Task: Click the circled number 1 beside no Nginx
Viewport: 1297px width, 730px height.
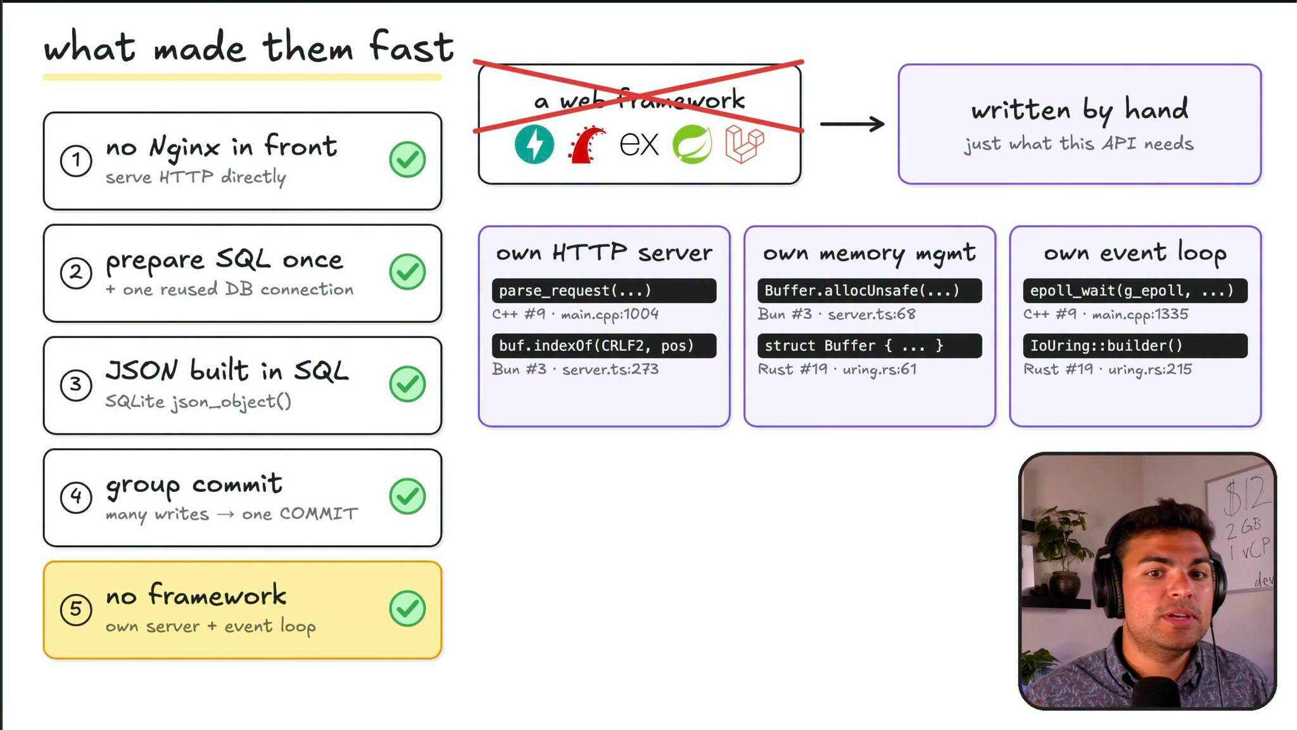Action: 76,160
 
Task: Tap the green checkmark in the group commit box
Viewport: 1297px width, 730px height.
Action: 407,496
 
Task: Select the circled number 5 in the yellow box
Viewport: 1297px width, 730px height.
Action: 76,609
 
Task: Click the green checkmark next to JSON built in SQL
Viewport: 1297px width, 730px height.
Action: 407,384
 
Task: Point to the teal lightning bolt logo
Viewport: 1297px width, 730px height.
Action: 534,144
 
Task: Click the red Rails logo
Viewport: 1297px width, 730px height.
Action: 586,145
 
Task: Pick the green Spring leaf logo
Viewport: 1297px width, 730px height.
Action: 692,144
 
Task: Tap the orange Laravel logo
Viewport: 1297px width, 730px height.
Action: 745,144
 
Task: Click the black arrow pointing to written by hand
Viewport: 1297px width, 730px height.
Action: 852,123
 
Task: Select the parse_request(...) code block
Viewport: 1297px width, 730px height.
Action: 604,291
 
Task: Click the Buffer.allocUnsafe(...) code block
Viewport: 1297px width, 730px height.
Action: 870,291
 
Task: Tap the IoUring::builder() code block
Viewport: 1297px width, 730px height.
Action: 1135,346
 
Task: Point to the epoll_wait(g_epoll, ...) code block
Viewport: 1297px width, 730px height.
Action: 1135,291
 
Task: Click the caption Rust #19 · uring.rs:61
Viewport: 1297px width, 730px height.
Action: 837,369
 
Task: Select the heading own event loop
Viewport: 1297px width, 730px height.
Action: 1135,253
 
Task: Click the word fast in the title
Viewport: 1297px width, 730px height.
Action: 412,47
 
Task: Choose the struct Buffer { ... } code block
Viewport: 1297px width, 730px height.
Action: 870,346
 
